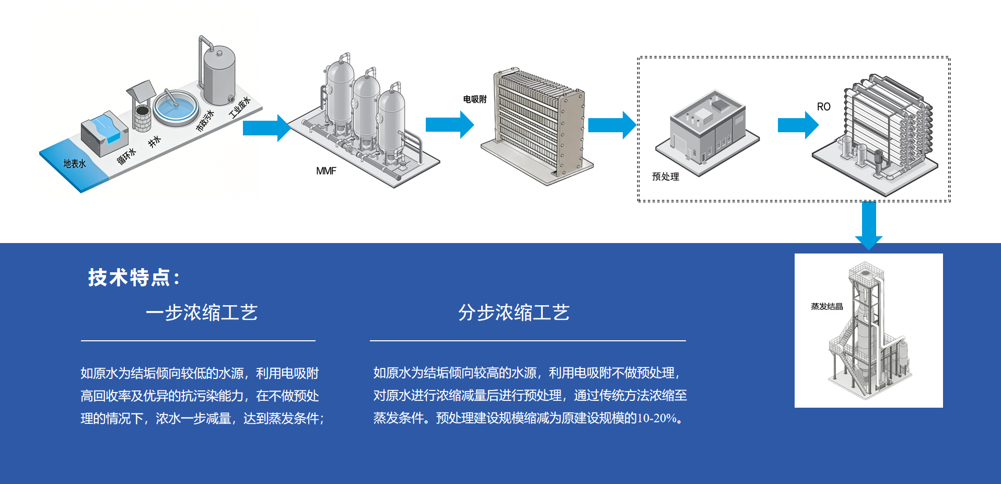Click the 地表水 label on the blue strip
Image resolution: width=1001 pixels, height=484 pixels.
pos(75,164)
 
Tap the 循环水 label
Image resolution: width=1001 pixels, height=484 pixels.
pos(126,156)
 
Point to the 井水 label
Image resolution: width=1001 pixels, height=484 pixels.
pos(154,141)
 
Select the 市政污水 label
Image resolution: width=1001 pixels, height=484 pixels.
pos(205,121)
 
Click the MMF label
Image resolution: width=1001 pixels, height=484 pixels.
pos(326,171)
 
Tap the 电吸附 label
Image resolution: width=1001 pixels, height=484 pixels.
pos(475,99)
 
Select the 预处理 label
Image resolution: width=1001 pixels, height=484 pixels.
pos(665,177)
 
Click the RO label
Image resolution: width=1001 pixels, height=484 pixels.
pos(823,107)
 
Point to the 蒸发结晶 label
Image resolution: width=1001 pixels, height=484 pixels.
pos(827,306)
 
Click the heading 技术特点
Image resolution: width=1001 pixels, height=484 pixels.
pos(134,278)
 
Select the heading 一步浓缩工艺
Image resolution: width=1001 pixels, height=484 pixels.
pos(202,313)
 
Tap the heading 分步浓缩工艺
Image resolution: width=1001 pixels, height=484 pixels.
pos(514,313)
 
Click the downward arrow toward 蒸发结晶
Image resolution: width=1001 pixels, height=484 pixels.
pos(869,225)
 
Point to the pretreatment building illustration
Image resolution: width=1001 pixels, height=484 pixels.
pos(708,131)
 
